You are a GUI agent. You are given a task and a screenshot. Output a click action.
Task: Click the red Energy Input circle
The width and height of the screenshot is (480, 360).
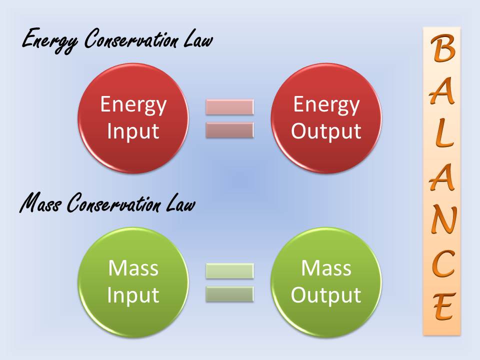coord(133,118)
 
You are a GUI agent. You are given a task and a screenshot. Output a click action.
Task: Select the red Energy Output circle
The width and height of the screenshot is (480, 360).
coord(326,118)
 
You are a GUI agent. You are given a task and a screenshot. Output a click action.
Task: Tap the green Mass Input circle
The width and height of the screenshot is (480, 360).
coord(133,282)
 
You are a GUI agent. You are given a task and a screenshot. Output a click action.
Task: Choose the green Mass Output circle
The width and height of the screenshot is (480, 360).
coord(326,282)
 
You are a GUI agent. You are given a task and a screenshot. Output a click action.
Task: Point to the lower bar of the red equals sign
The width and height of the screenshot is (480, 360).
coord(229,130)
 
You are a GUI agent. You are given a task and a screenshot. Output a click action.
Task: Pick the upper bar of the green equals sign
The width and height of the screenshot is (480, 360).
coord(229,271)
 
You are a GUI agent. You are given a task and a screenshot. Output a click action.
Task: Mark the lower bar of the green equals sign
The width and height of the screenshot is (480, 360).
coord(229,294)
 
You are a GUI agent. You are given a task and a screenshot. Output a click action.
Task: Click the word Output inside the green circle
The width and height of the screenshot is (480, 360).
coord(326,295)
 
